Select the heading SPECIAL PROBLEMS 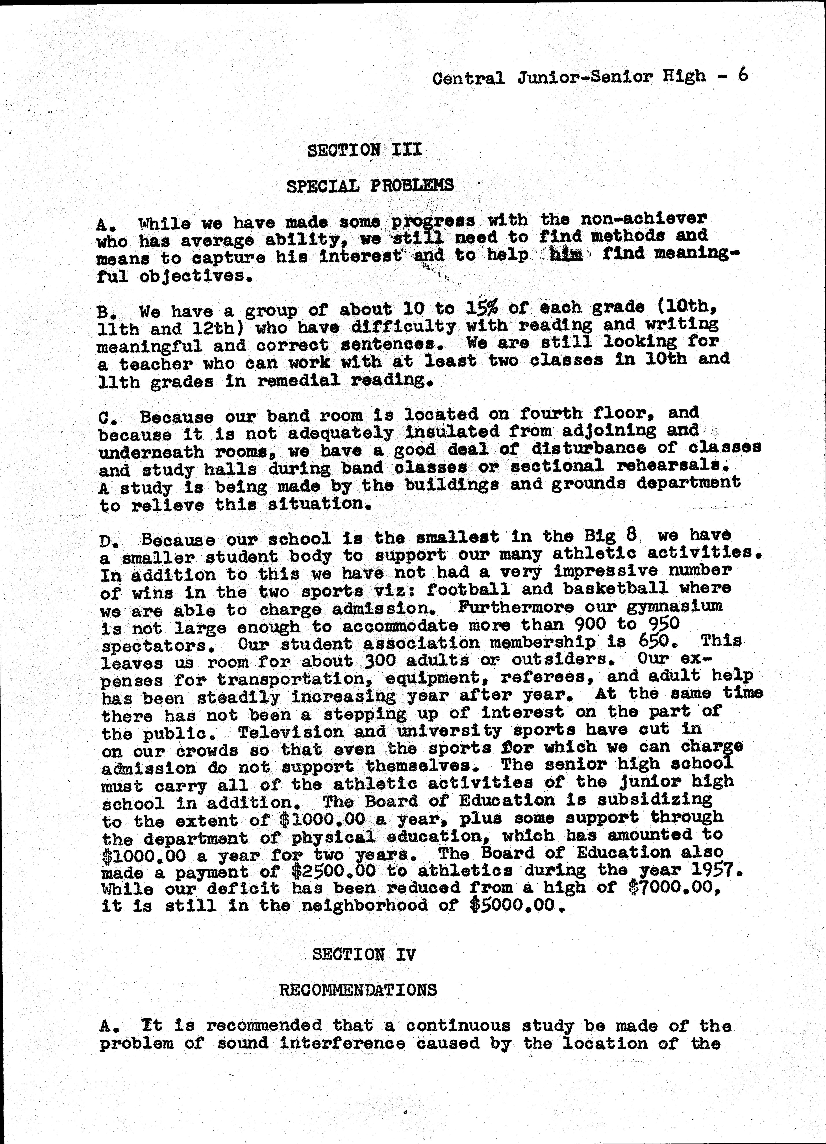tap(370, 186)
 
